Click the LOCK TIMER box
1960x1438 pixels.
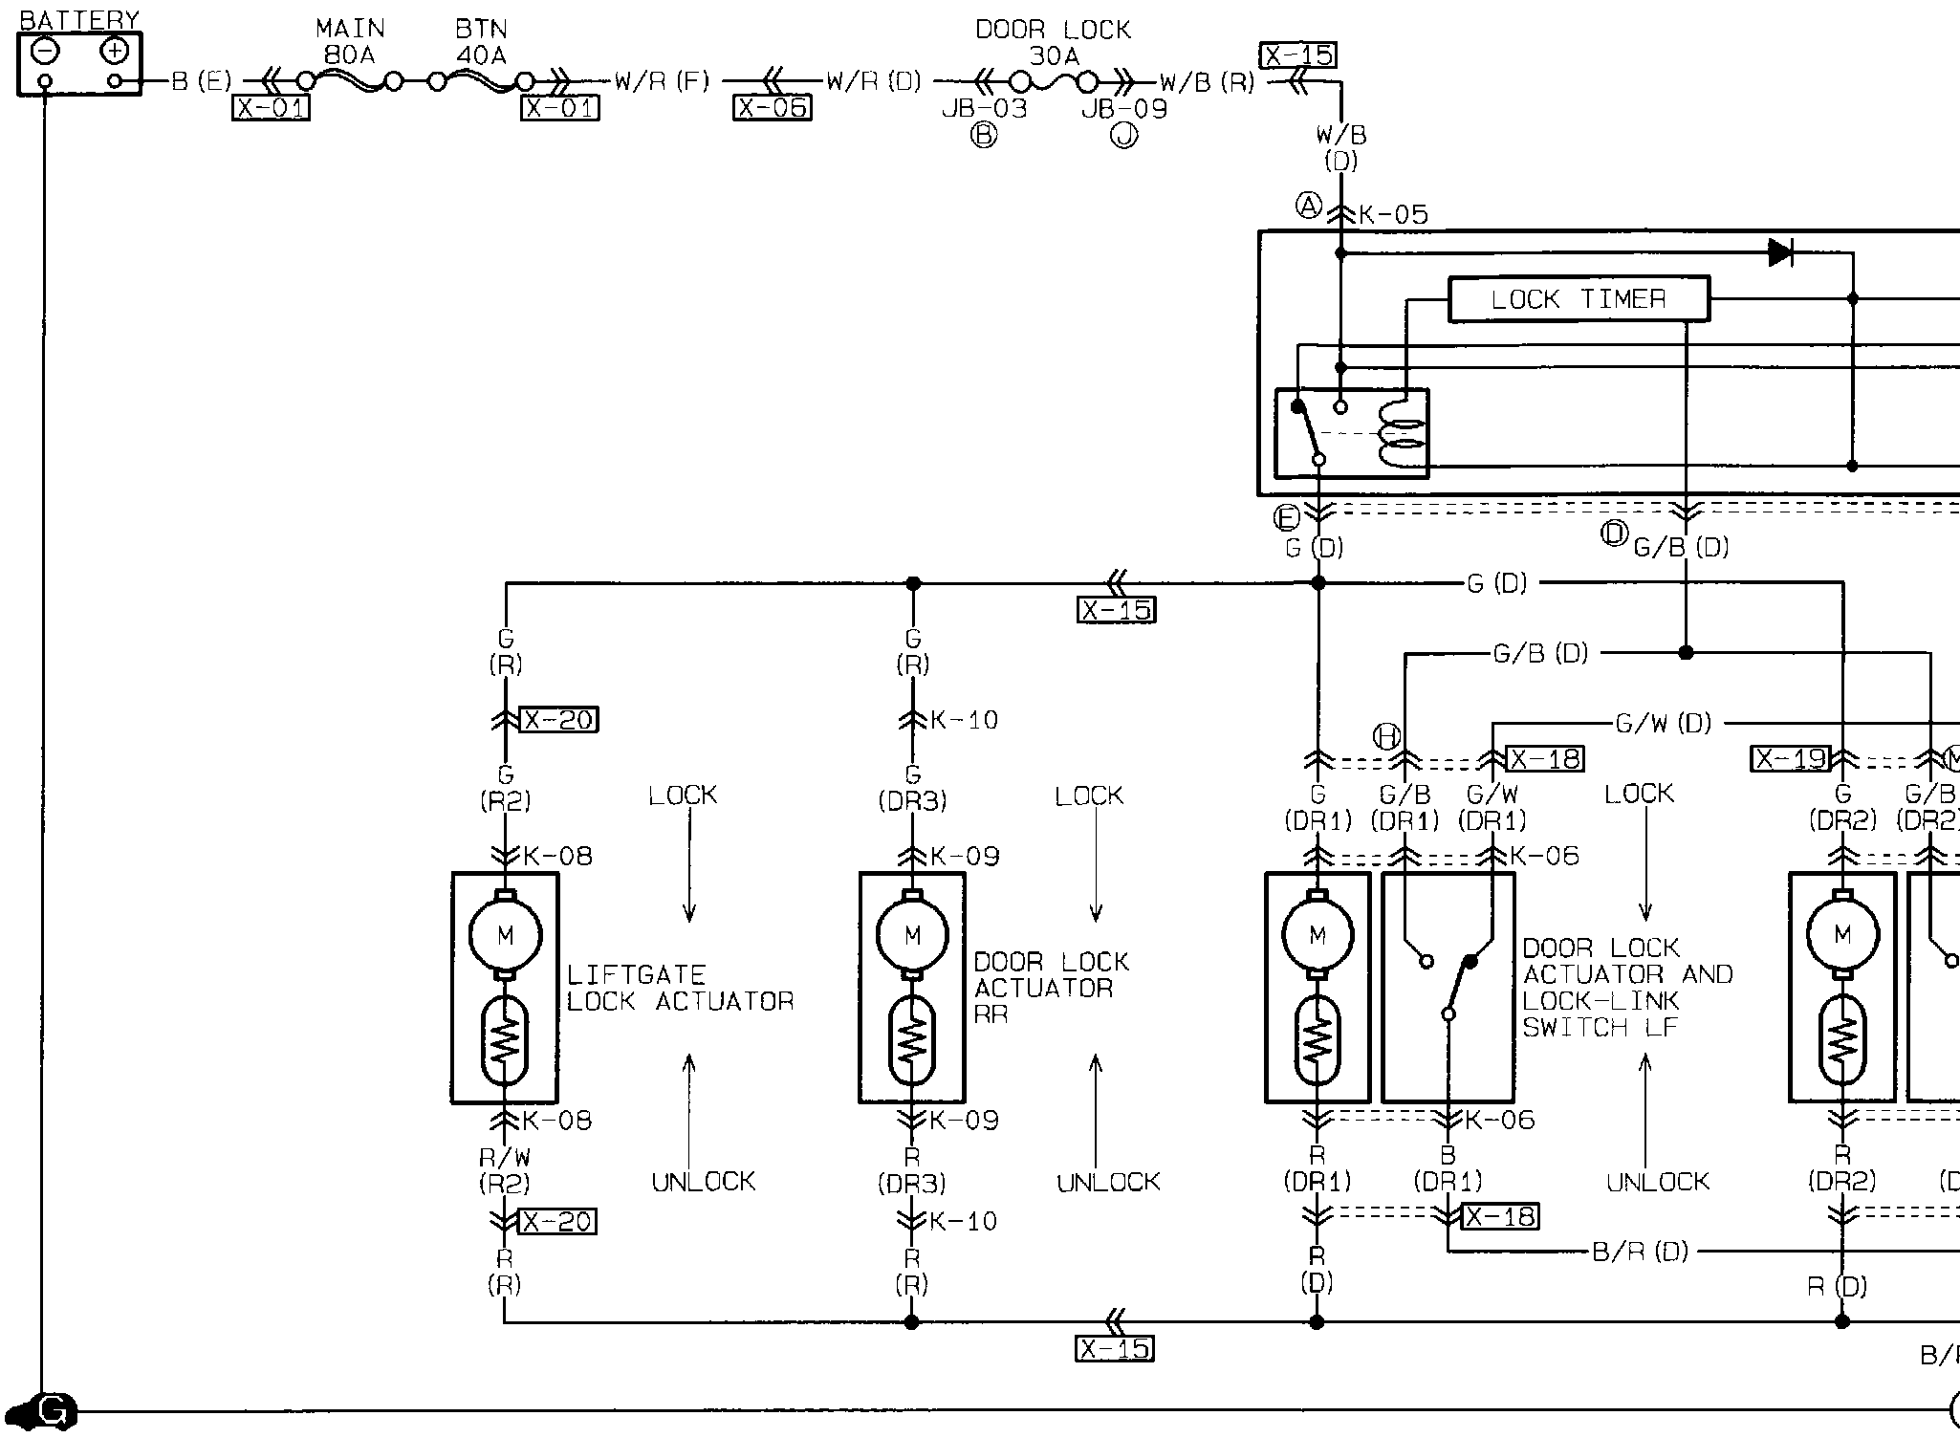click(1579, 299)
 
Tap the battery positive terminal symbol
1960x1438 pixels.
click(115, 51)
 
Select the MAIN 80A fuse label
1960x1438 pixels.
click(349, 42)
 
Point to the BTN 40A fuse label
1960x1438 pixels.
click(481, 42)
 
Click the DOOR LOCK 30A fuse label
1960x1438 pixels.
click(1053, 43)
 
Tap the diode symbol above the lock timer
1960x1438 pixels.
click(1780, 252)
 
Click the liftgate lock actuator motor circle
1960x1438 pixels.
click(505, 934)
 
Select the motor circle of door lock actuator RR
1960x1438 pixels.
click(912, 934)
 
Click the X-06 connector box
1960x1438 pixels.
click(773, 108)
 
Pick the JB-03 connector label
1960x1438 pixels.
click(984, 109)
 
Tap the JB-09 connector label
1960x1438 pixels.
click(1124, 109)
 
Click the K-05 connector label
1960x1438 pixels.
click(1393, 215)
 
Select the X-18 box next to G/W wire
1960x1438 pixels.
click(1544, 759)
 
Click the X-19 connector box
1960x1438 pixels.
click(1790, 759)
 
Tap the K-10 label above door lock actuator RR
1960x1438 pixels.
click(964, 720)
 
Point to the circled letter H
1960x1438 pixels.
click(1386, 736)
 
